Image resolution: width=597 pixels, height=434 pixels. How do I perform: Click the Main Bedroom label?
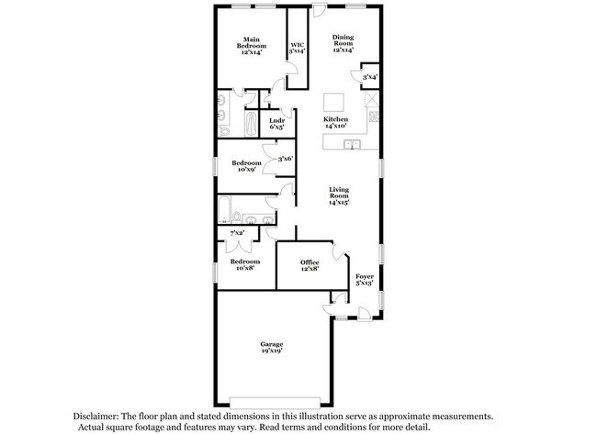252,46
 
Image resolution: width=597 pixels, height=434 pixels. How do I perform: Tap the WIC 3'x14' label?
298,48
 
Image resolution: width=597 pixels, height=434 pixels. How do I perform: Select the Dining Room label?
344,43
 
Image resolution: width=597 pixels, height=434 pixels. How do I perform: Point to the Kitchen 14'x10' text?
335,122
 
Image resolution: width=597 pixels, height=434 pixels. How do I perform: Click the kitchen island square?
334,103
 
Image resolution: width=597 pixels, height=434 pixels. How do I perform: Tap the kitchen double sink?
352,144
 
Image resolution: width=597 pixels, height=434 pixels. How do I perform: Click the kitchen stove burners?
374,116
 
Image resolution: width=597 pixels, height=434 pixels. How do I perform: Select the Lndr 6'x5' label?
277,124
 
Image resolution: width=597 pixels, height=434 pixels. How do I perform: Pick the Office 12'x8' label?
310,265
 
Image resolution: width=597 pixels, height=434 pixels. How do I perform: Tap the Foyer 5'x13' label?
365,279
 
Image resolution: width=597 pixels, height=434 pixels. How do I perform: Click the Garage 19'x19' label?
272,347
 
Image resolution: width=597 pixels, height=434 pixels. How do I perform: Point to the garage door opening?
275,403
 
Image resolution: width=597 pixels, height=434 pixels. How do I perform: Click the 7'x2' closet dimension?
237,232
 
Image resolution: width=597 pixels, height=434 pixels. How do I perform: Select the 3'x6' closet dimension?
286,159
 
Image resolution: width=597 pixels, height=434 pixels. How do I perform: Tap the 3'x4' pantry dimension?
370,77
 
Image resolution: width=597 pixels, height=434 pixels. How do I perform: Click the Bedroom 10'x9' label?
246,166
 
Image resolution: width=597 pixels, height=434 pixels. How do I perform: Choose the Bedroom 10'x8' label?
245,264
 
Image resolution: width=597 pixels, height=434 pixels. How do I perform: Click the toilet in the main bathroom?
224,131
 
